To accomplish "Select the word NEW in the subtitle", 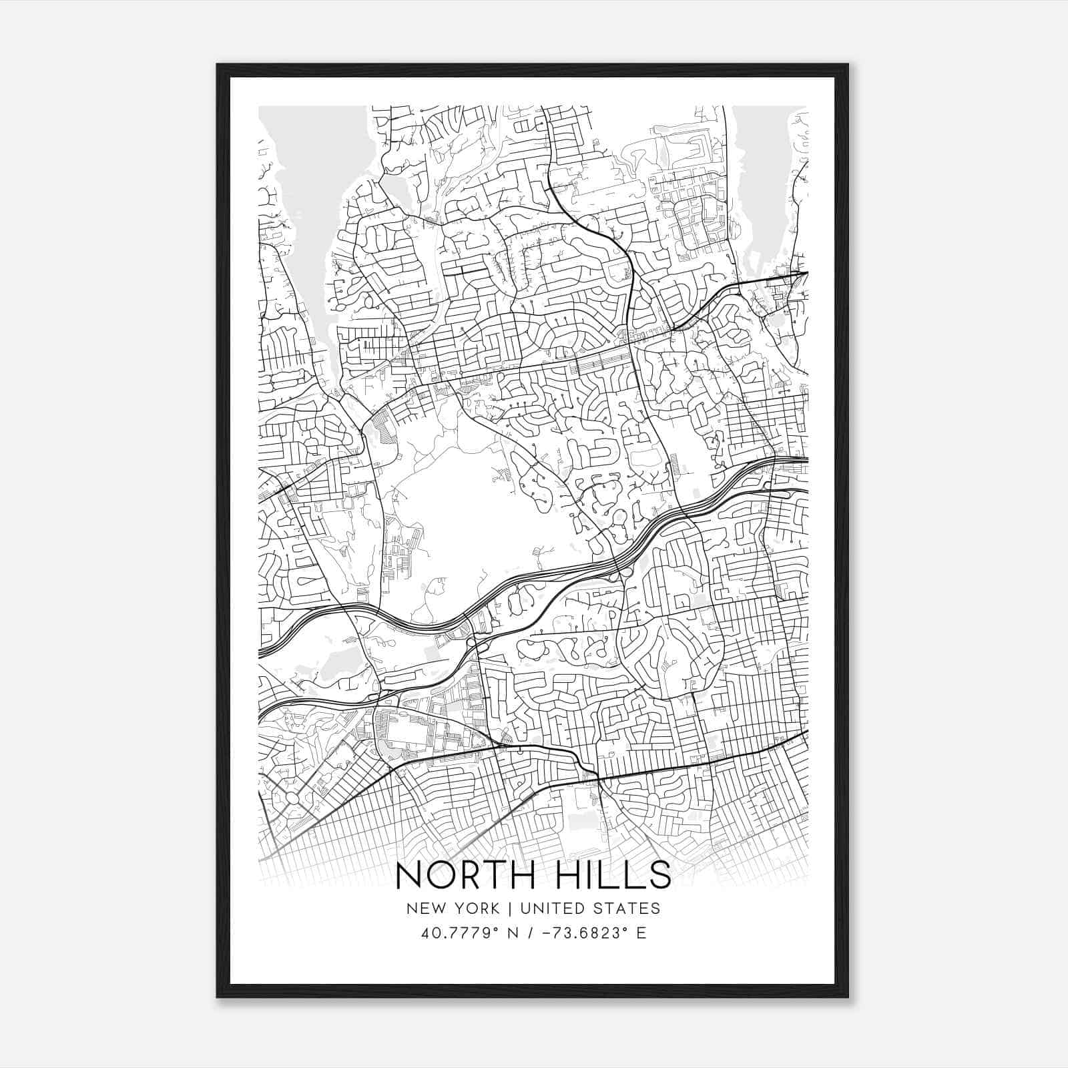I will click(x=423, y=908).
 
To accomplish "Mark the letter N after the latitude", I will click(x=513, y=933).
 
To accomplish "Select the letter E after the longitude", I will click(x=641, y=933).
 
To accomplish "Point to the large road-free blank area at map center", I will click(x=481, y=514).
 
